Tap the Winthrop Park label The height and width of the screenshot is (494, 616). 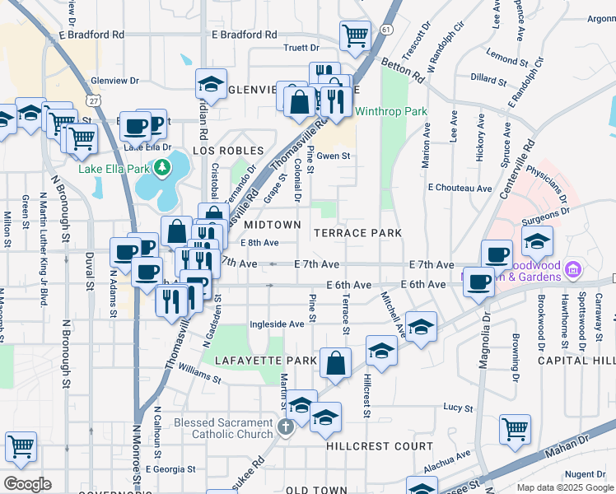click(x=391, y=111)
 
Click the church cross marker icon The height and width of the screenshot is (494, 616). click(x=286, y=426)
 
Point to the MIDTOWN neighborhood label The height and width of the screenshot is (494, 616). click(x=273, y=225)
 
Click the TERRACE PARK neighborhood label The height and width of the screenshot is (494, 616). click(x=357, y=233)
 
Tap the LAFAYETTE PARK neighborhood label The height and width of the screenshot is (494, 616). click(x=265, y=361)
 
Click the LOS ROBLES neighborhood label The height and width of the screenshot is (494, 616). click(x=227, y=151)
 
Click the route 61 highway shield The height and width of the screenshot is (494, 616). click(x=386, y=30)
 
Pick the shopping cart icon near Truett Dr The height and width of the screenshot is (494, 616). click(x=354, y=35)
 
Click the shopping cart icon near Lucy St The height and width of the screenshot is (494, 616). click(x=515, y=427)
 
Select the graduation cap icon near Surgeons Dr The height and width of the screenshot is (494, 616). click(x=537, y=240)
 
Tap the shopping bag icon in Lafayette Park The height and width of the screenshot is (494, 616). click(x=336, y=361)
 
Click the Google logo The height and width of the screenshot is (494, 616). click(x=27, y=484)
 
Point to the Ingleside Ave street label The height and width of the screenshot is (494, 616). click(x=278, y=324)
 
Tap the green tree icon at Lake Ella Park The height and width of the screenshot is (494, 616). click(x=162, y=169)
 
